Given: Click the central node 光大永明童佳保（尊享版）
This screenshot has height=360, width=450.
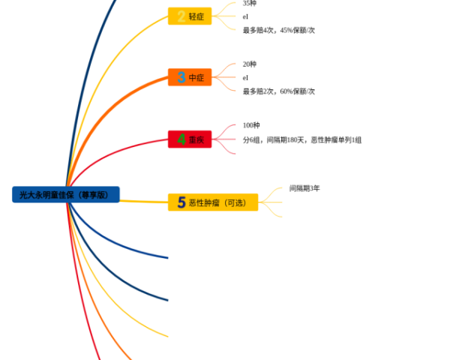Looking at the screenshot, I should (66, 194).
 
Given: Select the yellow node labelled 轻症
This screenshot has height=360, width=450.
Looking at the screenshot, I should (190, 16).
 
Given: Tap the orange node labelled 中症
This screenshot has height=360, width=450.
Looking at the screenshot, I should (190, 77).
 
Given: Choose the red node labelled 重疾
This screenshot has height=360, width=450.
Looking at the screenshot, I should (190, 139).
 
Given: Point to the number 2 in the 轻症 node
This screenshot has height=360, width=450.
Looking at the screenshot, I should (181, 16).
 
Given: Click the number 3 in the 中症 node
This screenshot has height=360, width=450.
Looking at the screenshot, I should (181, 77).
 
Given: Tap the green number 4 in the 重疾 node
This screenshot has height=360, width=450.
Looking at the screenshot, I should (181, 139).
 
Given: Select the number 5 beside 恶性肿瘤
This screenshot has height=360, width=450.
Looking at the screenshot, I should (181, 202).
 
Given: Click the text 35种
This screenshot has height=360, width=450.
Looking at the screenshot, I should (250, 4).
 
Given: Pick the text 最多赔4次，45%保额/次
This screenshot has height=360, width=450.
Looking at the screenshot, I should (278, 31).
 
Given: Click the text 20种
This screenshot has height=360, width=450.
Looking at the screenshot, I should (250, 64).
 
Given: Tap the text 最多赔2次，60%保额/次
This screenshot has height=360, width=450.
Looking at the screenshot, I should (278, 91).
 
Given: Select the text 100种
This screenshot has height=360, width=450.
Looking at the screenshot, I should (251, 125).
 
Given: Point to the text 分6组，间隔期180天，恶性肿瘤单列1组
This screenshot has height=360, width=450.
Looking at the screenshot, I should (302, 139).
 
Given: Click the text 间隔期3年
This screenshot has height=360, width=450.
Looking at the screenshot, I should (304, 188).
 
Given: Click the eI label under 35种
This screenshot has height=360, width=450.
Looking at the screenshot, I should (245, 16).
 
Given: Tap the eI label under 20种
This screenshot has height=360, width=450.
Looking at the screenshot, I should (245, 77).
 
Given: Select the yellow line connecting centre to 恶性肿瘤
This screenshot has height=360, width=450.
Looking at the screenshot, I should (142, 201).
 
